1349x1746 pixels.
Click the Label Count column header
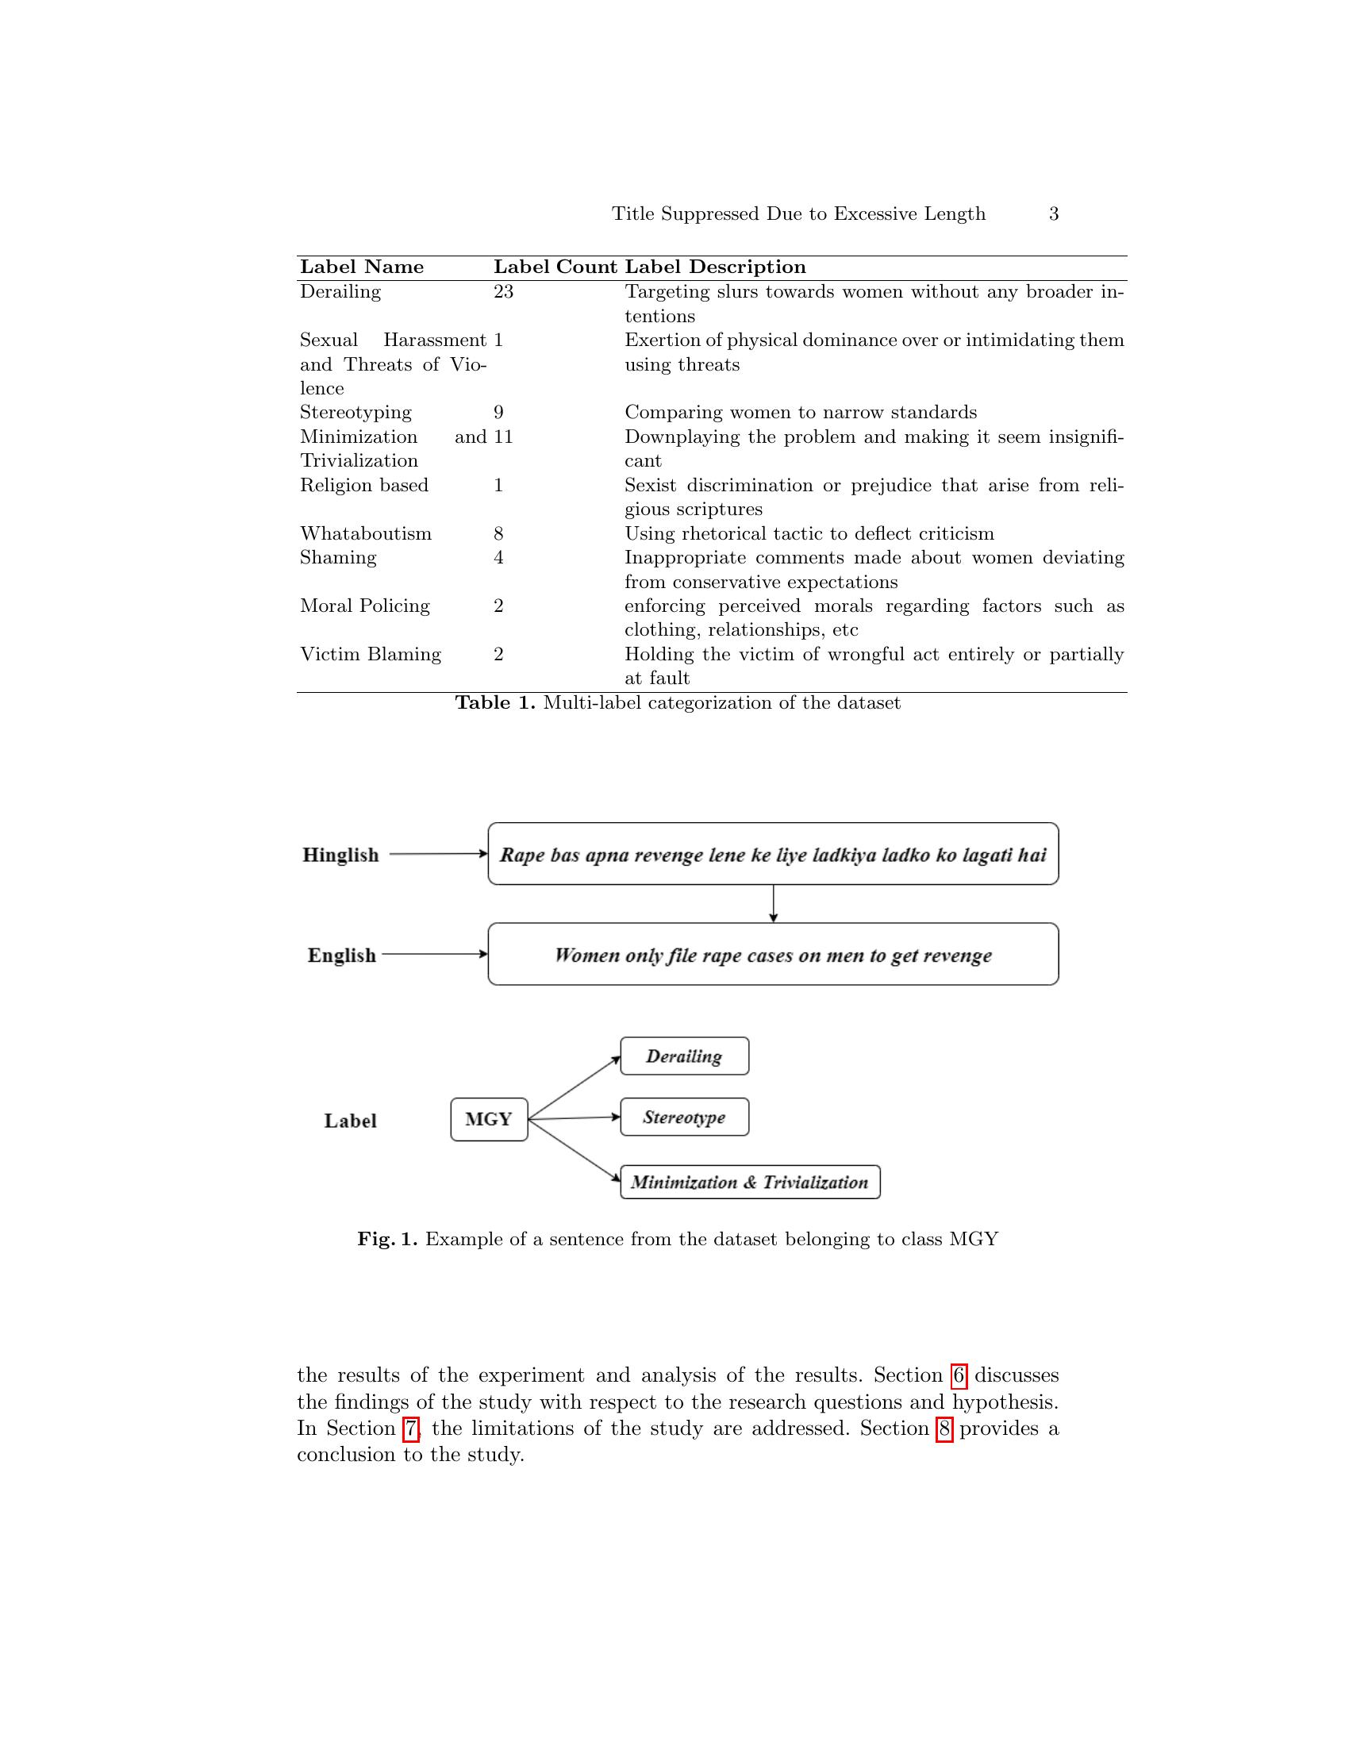click(555, 267)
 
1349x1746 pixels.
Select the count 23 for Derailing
click(503, 292)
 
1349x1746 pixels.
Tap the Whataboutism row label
click(365, 534)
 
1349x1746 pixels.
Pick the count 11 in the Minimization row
click(503, 437)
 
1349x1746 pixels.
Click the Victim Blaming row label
click(370, 655)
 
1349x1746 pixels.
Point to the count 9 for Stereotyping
click(498, 413)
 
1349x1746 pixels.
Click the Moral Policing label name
click(364, 606)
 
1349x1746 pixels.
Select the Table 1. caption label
click(494, 703)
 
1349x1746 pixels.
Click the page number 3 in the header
click(1053, 214)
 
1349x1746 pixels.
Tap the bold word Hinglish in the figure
click(340, 856)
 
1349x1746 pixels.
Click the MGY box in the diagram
click(489, 1119)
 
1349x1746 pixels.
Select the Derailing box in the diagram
click(684, 1056)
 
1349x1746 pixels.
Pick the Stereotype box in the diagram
click(684, 1117)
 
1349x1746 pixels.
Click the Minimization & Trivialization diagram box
click(750, 1183)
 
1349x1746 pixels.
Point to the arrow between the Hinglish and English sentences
click(773, 904)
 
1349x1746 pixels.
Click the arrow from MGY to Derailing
click(574, 1087)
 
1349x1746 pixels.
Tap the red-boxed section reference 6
click(959, 1376)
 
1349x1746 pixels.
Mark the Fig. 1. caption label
click(386, 1240)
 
